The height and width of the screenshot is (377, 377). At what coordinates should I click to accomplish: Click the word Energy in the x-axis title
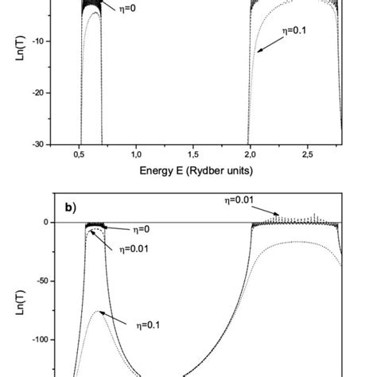(x=157, y=170)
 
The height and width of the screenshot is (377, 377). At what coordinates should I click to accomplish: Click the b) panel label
(x=71, y=207)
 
